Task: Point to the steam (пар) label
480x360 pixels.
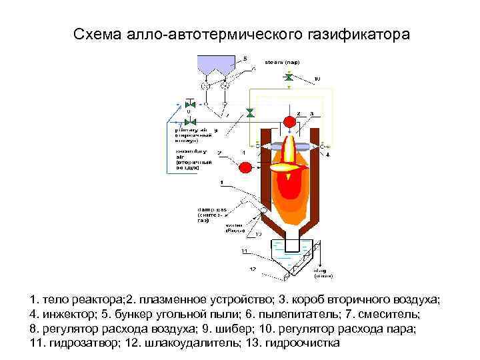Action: pyautogui.click(x=283, y=62)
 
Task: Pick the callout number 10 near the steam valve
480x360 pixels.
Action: pyautogui.click(x=317, y=79)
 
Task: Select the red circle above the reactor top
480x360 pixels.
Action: pyautogui.click(x=291, y=122)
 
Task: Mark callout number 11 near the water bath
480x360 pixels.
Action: pyautogui.click(x=245, y=251)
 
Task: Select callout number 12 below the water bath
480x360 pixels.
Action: pyautogui.click(x=252, y=269)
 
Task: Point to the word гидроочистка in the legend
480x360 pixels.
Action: pyautogui.click(x=302, y=343)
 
